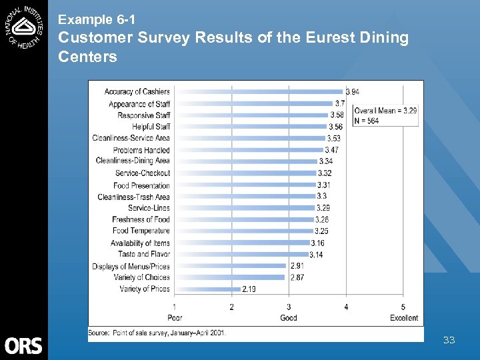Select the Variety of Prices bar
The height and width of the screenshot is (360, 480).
pyautogui.click(x=207, y=289)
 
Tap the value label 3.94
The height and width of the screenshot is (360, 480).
pyautogui.click(x=353, y=92)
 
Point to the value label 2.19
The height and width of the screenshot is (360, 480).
pyautogui.click(x=249, y=289)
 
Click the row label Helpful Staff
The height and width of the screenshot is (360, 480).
pyautogui.click(x=151, y=127)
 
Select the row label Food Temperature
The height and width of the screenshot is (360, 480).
pyautogui.click(x=141, y=231)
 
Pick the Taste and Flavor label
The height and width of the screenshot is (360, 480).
pyautogui.click(x=144, y=254)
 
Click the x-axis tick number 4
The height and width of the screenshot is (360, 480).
pyautogui.click(x=346, y=307)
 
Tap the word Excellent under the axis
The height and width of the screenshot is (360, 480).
pyautogui.click(x=404, y=318)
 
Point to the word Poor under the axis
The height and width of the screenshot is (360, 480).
pyautogui.click(x=174, y=318)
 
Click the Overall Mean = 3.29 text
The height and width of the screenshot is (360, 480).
pyautogui.click(x=386, y=111)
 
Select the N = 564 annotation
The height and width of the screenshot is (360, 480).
pyautogui.click(x=367, y=121)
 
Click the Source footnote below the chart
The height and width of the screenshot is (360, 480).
pyautogui.click(x=157, y=333)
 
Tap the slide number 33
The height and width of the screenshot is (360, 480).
pyautogui.click(x=449, y=341)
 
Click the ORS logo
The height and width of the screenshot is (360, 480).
pyautogui.click(x=23, y=345)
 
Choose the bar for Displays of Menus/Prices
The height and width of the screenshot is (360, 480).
pyautogui.click(x=230, y=266)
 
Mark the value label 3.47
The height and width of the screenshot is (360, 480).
pyautogui.click(x=331, y=150)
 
